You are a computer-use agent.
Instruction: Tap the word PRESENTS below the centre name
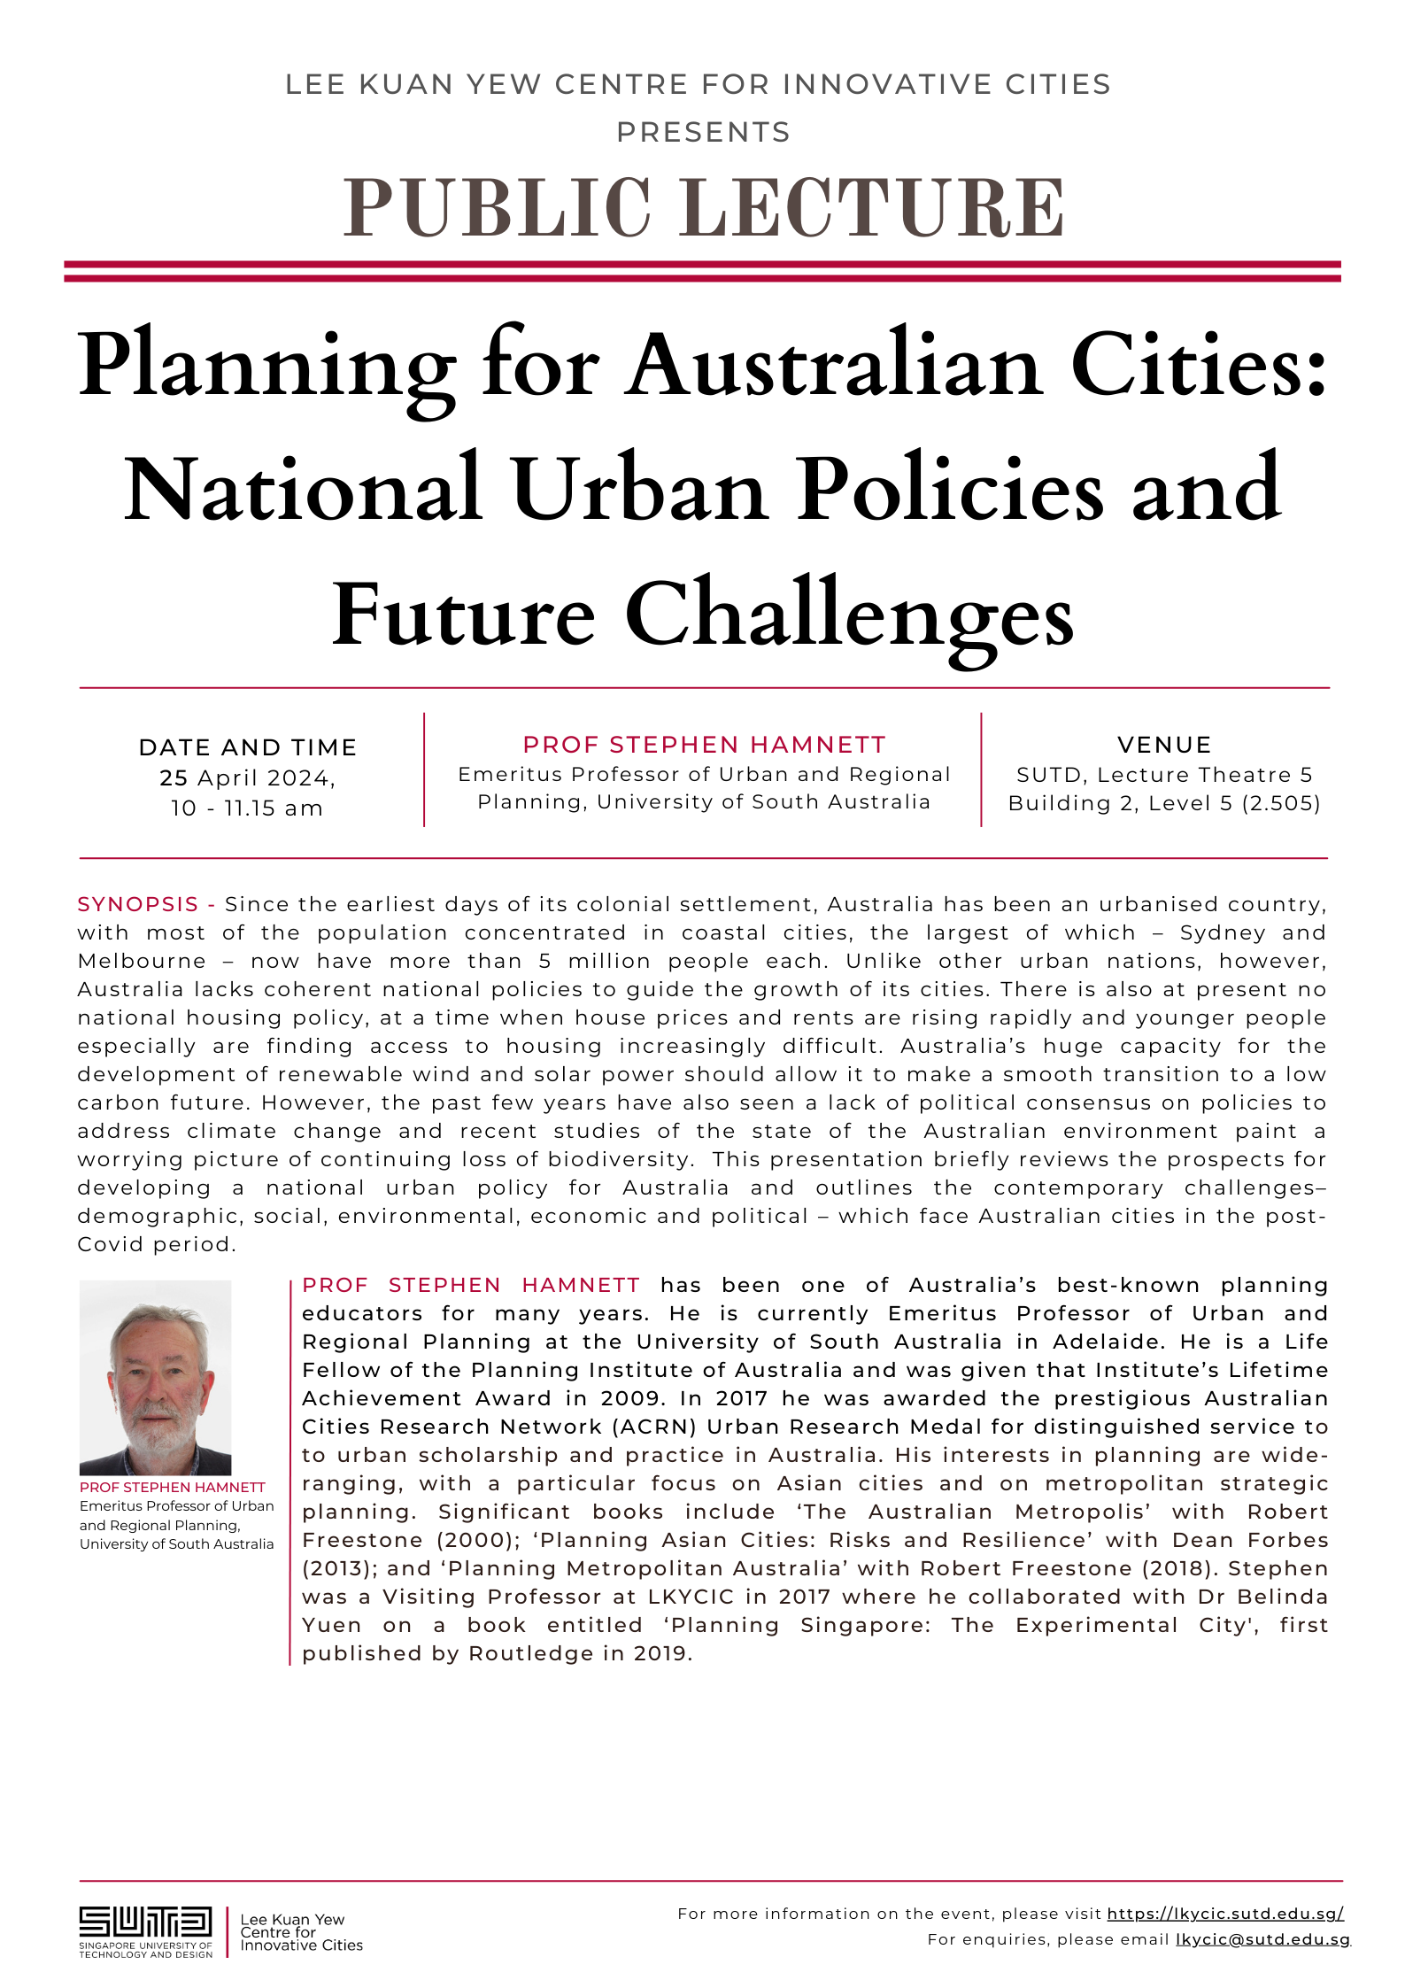pyautogui.click(x=704, y=133)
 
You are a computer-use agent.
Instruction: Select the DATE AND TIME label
pyautogui.click(x=248, y=747)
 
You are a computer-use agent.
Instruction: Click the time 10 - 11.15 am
pyautogui.click(x=247, y=808)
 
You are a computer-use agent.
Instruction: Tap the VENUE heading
pyautogui.click(x=1164, y=745)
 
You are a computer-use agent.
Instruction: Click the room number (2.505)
pyautogui.click(x=1281, y=803)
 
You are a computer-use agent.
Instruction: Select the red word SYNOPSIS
pyautogui.click(x=137, y=904)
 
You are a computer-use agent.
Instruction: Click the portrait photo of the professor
pyautogui.click(x=156, y=1377)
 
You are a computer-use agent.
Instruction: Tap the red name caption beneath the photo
pyautogui.click(x=173, y=1487)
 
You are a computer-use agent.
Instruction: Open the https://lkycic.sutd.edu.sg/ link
pyautogui.click(x=1225, y=1914)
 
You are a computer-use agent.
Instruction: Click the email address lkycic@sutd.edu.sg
pyautogui.click(x=1262, y=1939)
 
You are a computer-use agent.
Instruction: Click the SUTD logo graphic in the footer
pyautogui.click(x=145, y=1922)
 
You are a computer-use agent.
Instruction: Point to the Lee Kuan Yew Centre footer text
pyautogui.click(x=301, y=1932)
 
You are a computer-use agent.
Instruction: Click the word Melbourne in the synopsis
pyautogui.click(x=142, y=961)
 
